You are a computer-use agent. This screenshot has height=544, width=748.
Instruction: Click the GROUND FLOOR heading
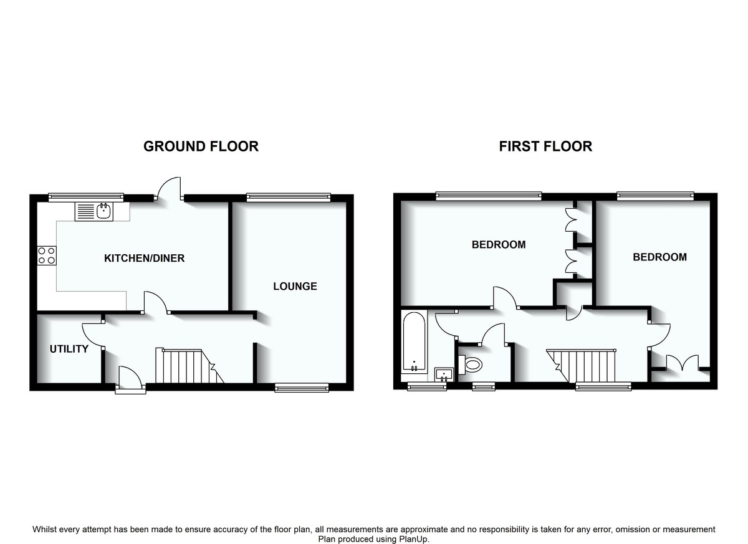click(201, 146)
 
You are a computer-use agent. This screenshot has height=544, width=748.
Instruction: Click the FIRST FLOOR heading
click(545, 146)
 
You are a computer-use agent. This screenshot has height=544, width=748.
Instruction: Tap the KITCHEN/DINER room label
click(144, 258)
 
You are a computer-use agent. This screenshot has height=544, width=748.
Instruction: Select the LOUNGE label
click(295, 287)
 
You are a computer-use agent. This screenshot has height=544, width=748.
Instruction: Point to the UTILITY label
click(69, 349)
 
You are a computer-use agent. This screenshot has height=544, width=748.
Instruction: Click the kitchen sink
click(93, 212)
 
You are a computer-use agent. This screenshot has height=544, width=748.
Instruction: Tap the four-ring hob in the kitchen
click(47, 255)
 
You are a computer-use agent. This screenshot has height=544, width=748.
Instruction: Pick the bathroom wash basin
click(444, 375)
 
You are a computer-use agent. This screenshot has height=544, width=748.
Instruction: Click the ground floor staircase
click(187, 366)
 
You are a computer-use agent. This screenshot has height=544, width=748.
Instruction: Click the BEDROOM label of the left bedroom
click(499, 245)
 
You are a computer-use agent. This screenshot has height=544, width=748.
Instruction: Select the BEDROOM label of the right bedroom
click(659, 257)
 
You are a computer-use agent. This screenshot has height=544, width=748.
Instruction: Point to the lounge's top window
click(288, 198)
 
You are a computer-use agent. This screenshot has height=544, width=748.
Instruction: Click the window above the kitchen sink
click(86, 198)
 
